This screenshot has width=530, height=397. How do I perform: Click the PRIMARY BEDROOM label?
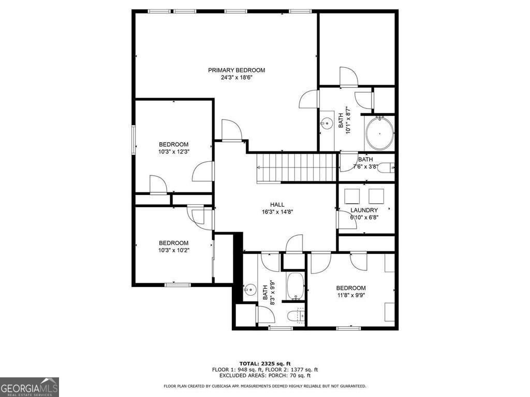(x=237, y=70)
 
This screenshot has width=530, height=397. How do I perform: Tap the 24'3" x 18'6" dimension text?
(x=237, y=78)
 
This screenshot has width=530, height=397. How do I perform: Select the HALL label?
(x=277, y=205)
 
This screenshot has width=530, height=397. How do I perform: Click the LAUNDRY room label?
(x=364, y=210)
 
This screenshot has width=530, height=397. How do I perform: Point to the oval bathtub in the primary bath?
(x=380, y=133)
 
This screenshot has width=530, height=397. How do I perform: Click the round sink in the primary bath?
(x=326, y=124)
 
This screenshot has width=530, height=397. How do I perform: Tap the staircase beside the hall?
(x=297, y=168)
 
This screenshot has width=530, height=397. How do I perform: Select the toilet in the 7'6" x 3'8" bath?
(x=386, y=167)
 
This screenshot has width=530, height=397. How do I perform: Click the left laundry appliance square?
(x=352, y=196)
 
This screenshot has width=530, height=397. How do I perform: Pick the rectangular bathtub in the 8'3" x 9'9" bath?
(x=295, y=286)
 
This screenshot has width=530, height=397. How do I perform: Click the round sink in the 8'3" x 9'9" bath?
(x=251, y=290)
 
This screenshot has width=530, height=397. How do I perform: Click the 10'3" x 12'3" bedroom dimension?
(x=173, y=152)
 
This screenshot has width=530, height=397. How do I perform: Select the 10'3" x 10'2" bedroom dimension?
(x=173, y=251)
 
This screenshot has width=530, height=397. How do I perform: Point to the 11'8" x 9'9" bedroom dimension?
(x=351, y=296)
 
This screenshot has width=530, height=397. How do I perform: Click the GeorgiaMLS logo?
(x=30, y=387)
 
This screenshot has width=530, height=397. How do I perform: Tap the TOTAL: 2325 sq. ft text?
(x=265, y=363)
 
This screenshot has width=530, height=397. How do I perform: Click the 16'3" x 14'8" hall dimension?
(x=277, y=212)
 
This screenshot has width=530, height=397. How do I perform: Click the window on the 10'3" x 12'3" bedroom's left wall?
(x=134, y=140)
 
